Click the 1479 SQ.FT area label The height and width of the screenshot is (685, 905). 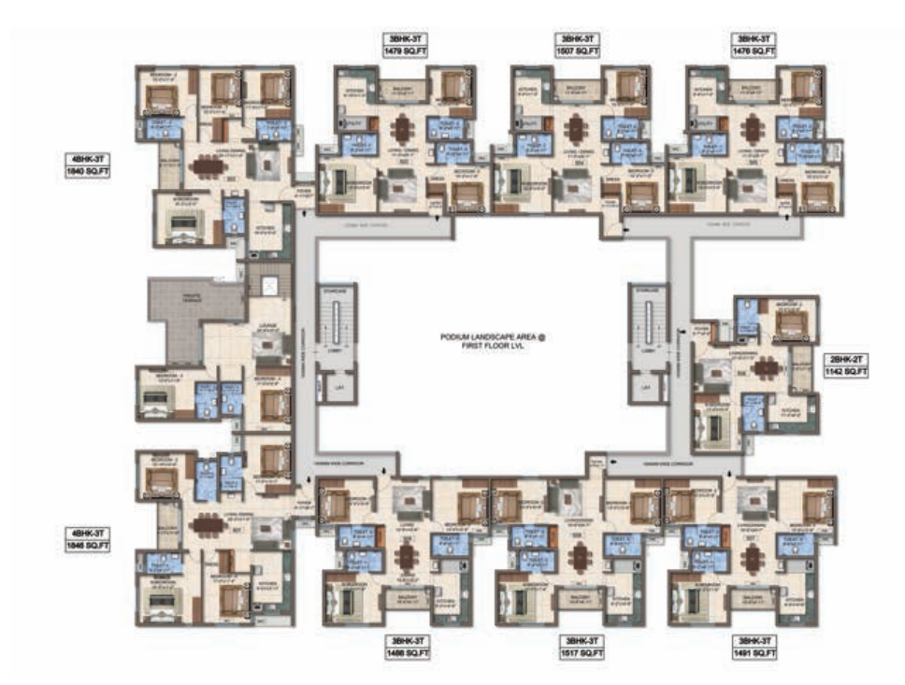(x=401, y=53)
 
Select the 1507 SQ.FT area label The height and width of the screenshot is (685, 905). (x=577, y=53)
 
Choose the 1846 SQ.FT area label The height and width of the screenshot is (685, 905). (x=86, y=545)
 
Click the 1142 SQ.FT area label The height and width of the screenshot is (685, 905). (x=847, y=371)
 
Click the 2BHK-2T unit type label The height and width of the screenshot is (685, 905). (x=847, y=359)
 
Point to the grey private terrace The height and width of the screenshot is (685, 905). (x=192, y=318)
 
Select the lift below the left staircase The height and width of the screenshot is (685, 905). (x=338, y=386)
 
